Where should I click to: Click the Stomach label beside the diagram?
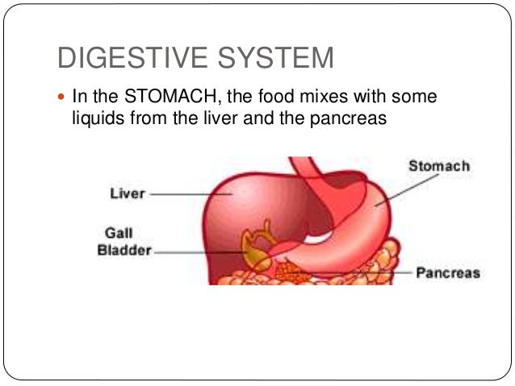438,167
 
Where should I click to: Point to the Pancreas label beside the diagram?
447,272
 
